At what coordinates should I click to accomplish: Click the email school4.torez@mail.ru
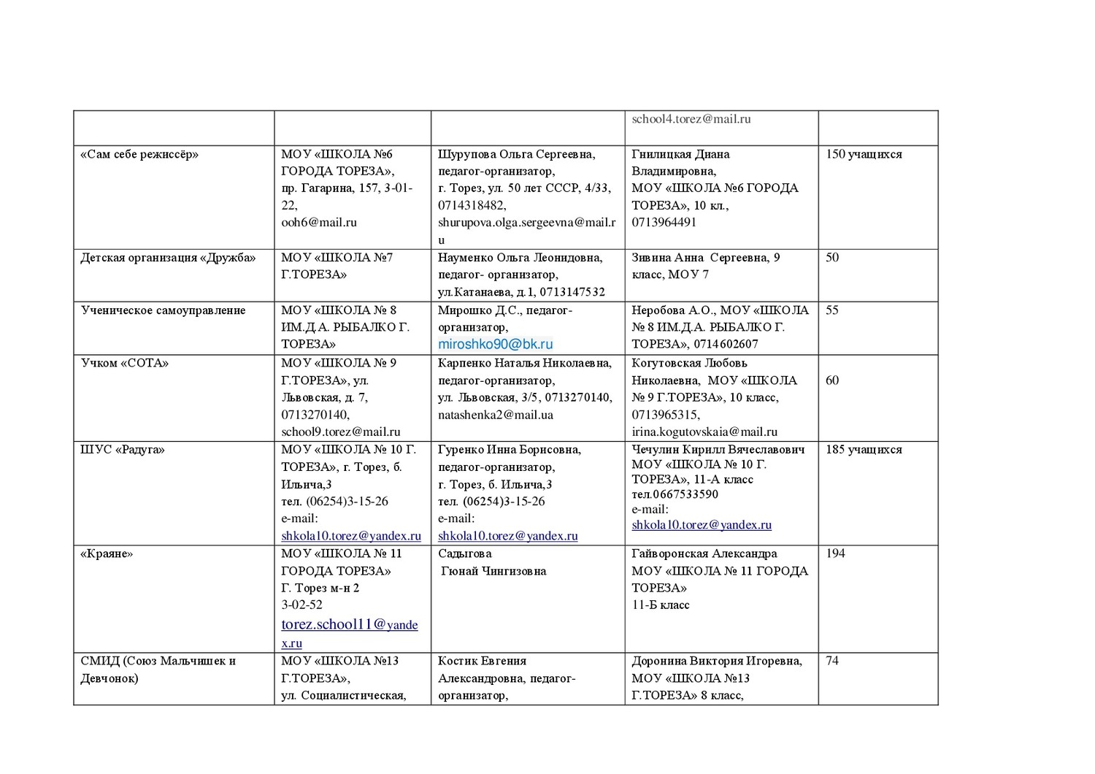coord(691,119)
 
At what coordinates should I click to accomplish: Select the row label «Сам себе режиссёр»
coord(139,154)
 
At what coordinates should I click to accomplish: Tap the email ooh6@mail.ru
coord(319,222)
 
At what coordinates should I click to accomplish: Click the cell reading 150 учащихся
coord(864,154)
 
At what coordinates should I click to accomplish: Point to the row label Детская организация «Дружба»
coord(169,258)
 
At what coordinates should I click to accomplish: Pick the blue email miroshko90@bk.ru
coord(495,344)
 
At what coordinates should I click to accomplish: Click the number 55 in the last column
coord(832,310)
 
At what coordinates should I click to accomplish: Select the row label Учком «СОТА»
coord(125,363)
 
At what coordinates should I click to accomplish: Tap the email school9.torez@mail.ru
coord(341,432)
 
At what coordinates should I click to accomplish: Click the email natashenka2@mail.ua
coord(496,415)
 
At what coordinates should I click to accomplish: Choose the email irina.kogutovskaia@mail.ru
coord(704,432)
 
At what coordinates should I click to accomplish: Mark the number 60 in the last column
coord(832,380)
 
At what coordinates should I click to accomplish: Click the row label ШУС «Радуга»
coord(123,450)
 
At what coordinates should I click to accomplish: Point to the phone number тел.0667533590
coord(675,494)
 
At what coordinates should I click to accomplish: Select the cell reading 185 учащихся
coord(864,450)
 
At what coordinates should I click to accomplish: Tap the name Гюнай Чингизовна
coord(493,571)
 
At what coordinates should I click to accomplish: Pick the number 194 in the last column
coord(835,553)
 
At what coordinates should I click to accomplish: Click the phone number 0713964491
coord(664,222)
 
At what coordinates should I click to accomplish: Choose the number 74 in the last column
coord(832,661)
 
